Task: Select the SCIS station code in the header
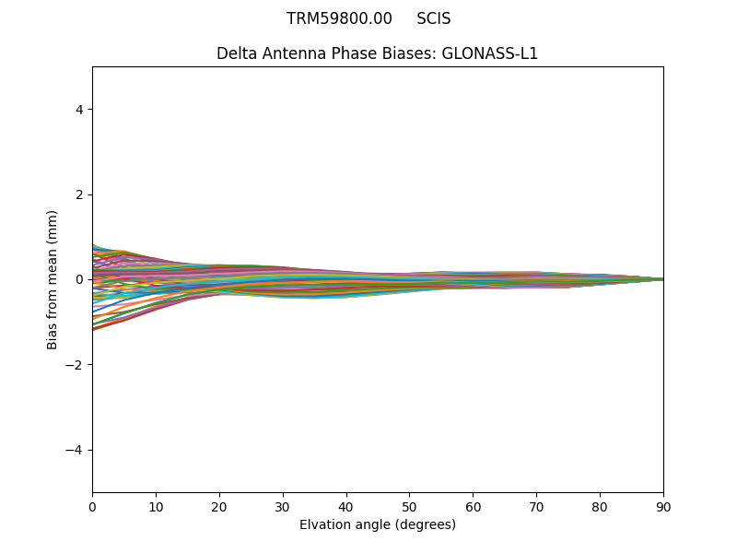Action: point(433,18)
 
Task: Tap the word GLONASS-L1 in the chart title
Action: point(490,53)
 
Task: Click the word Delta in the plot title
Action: point(236,53)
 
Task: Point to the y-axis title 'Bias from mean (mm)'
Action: point(53,279)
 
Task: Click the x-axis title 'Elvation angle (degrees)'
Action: point(378,525)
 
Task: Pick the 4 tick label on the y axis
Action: point(79,110)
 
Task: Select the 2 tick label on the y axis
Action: point(79,194)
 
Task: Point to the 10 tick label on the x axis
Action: point(156,506)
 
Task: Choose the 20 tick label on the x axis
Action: point(219,506)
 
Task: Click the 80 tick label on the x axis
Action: point(600,506)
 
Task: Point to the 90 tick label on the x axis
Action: point(663,506)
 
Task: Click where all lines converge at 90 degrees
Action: point(662,279)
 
